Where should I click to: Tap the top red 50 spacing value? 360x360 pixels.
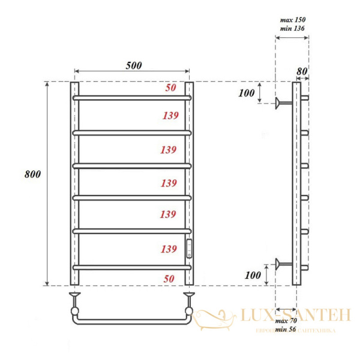coord(170,88)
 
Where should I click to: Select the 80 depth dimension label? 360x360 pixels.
coord(302,70)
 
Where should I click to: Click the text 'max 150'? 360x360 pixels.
coord(292,20)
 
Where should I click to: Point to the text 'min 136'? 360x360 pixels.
coord(292,28)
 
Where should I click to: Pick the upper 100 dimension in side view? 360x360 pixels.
coord(246,93)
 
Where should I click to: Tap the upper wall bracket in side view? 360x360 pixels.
coord(280,104)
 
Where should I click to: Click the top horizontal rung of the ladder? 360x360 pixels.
coord(131,97)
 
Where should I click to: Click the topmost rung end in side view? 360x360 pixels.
coord(304,97)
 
